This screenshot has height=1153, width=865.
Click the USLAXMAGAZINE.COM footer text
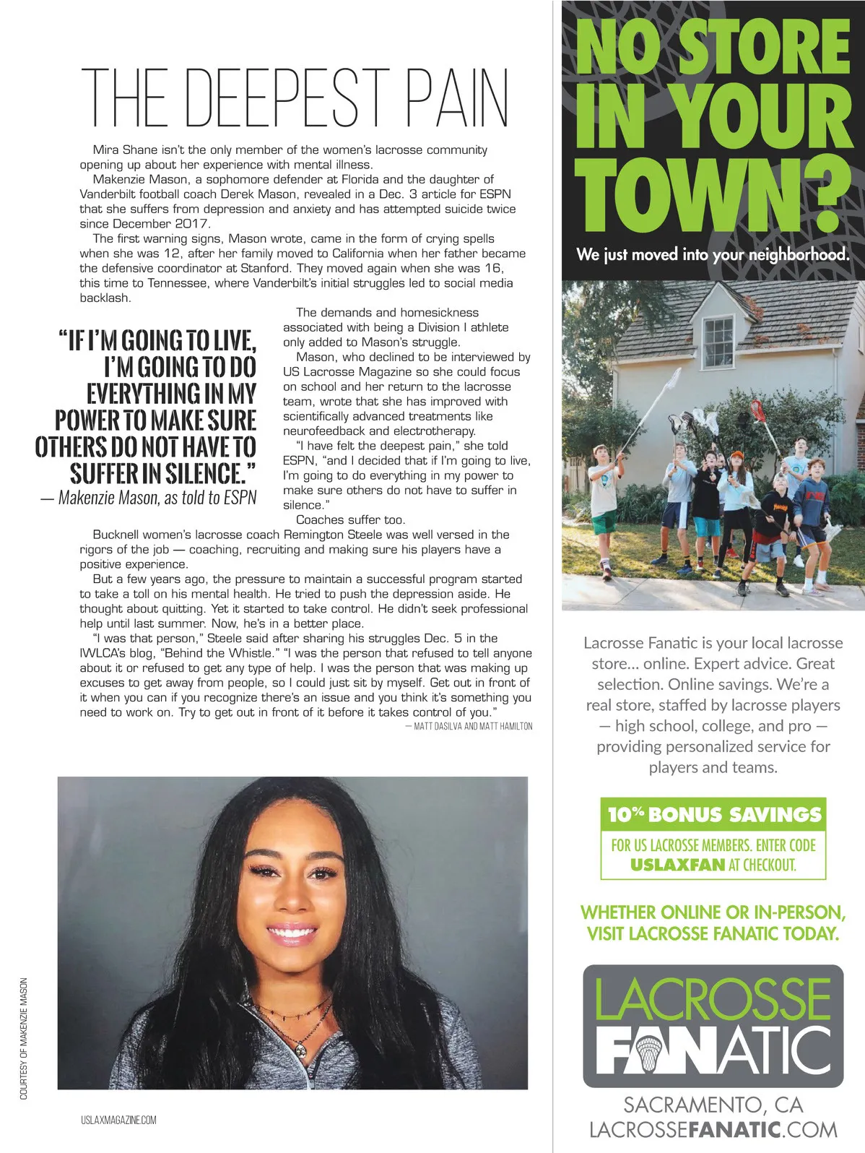(118, 1120)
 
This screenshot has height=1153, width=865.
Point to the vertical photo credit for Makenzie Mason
(24, 1039)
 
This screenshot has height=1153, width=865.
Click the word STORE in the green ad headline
(765, 47)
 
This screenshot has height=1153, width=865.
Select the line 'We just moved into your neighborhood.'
(713, 254)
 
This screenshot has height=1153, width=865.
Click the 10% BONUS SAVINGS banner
(713, 815)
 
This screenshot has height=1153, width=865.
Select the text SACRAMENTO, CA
(713, 1105)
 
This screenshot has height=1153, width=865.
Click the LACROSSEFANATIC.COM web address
(713, 1130)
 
